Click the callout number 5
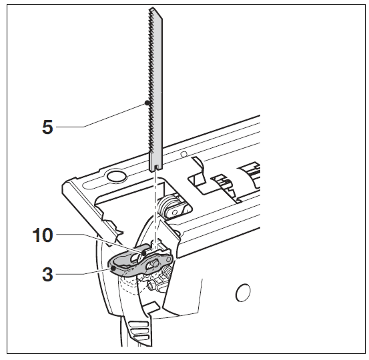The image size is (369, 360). click(47, 127)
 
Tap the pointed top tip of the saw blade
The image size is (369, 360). click(153, 9)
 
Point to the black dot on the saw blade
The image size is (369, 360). click(145, 103)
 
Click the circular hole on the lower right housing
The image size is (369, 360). click(244, 292)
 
